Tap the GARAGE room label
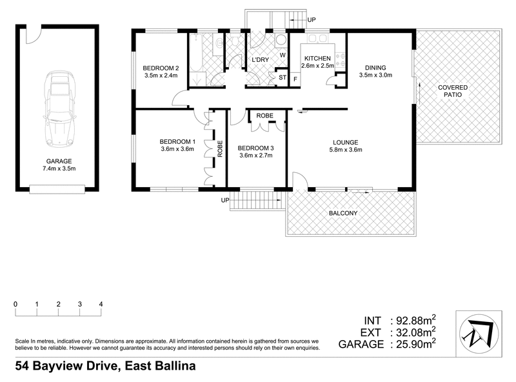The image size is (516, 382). pyautogui.click(x=58, y=161)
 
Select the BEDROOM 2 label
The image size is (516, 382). pyautogui.click(x=161, y=68)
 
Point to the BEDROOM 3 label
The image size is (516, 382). pyautogui.click(x=257, y=148)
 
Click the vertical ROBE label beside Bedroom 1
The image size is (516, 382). pyautogui.click(x=219, y=150)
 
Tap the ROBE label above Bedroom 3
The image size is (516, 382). pyautogui.click(x=265, y=116)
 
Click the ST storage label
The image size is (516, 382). pyautogui.click(x=282, y=79)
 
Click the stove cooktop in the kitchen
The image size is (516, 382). pyautogui.click(x=341, y=60)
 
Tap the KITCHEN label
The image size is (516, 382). pyautogui.click(x=317, y=59)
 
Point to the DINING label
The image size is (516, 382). pyautogui.click(x=375, y=67)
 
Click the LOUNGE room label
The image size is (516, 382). pyautogui.click(x=346, y=142)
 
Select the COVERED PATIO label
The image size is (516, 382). pyautogui.click(x=453, y=91)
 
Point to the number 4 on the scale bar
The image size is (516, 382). pyautogui.click(x=101, y=304)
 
